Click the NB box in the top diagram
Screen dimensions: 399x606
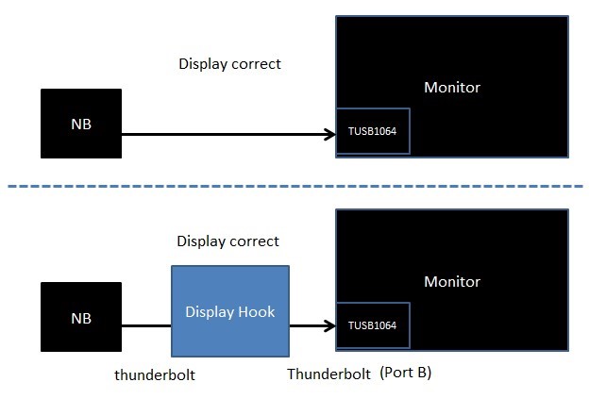click(x=81, y=124)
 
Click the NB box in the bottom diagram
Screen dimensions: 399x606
click(x=81, y=318)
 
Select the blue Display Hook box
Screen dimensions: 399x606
click(x=229, y=311)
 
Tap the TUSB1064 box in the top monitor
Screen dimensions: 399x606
click(x=373, y=133)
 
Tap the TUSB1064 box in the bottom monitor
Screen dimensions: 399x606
click(x=373, y=326)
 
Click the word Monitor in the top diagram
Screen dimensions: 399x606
click(x=452, y=88)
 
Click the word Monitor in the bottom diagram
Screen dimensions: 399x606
click(x=452, y=281)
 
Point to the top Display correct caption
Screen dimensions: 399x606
click(x=229, y=65)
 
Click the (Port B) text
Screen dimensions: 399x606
click(x=406, y=374)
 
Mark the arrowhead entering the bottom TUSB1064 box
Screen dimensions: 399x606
click(x=331, y=327)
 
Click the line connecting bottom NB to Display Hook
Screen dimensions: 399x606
click(x=145, y=327)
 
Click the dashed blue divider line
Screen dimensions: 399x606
click(x=302, y=186)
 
